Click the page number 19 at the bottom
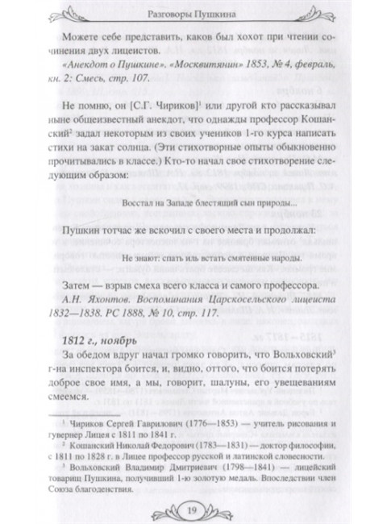pyautogui.click(x=193, y=507)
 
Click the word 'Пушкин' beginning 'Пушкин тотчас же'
pyautogui.click(x=82, y=230)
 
